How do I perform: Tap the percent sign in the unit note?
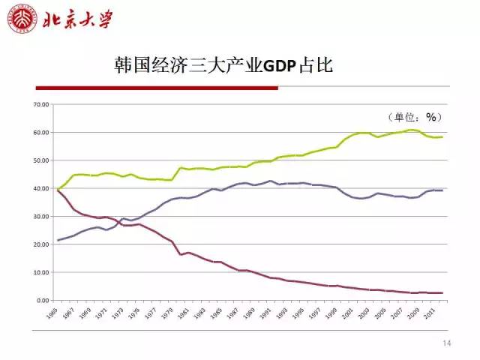point(430,117)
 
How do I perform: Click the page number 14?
point(448,343)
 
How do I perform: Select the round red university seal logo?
point(21,18)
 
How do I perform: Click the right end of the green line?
point(442,137)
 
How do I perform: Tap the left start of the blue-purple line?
point(58,241)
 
